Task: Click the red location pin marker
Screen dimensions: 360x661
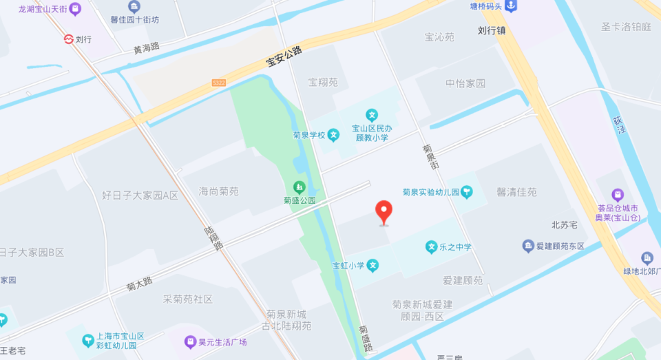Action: point(384,211)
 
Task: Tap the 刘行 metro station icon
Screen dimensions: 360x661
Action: point(68,39)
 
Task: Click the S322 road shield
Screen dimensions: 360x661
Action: point(218,83)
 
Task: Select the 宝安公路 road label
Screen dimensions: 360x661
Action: point(284,56)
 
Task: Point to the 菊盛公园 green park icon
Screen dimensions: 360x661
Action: point(299,187)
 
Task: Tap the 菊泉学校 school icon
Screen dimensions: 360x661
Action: point(333,135)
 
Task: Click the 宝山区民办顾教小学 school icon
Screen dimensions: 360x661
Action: point(372,115)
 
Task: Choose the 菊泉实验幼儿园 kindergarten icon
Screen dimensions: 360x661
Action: point(467,192)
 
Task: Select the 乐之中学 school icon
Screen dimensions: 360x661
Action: point(431,246)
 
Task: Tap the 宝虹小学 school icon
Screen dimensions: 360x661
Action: point(373,265)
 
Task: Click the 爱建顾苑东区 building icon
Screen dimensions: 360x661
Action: point(528,246)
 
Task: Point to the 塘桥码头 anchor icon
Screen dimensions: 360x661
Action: point(510,6)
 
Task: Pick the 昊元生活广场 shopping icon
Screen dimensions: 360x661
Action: point(189,341)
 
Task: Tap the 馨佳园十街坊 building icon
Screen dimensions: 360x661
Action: point(134,7)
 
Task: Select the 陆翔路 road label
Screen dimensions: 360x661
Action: point(214,238)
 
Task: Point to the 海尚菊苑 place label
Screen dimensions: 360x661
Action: point(219,191)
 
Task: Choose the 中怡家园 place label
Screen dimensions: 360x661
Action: point(465,83)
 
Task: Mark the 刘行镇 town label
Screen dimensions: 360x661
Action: point(492,30)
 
